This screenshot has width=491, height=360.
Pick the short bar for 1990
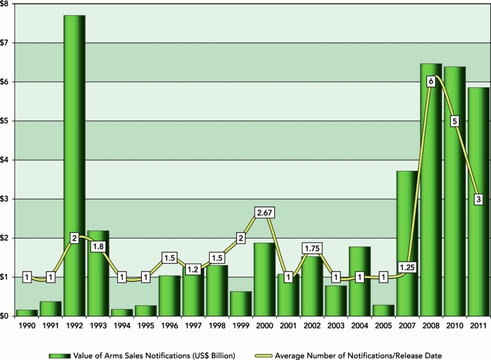click(27, 313)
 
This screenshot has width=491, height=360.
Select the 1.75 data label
click(312, 249)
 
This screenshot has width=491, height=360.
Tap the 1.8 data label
click(98, 246)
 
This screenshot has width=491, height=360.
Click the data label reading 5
click(455, 121)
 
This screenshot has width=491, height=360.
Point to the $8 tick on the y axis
click(6, 4)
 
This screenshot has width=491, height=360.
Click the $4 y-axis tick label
click(6, 160)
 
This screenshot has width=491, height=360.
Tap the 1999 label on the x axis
click(241, 327)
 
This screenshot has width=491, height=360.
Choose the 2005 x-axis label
click(383, 327)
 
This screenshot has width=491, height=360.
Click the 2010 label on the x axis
click(455, 327)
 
